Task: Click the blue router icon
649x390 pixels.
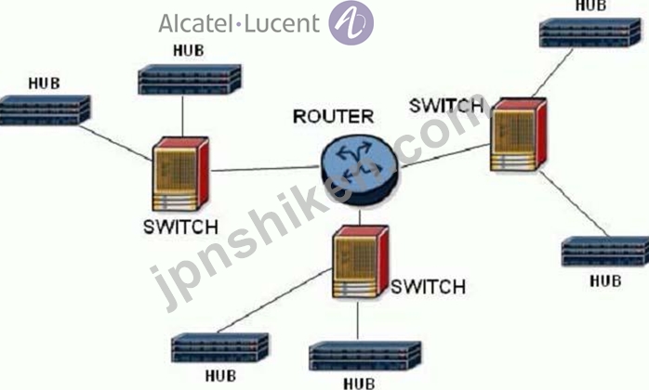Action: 359,170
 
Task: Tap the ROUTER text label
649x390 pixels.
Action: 333,117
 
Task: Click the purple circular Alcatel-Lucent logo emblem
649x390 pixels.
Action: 351,22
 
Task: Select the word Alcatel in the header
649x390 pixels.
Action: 196,23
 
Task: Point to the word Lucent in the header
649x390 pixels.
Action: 283,23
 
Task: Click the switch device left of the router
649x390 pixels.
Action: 180,174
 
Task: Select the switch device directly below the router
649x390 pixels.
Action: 361,262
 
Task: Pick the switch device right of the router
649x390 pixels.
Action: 518,135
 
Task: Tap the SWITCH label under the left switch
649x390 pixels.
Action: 180,227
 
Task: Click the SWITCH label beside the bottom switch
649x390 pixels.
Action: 429,287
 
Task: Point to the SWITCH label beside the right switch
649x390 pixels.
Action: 446,106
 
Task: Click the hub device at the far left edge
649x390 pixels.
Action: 45,110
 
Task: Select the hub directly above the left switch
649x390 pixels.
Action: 190,80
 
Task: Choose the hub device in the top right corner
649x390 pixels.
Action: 589,32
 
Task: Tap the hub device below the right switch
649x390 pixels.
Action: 605,252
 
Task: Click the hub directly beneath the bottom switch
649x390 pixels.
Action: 365,356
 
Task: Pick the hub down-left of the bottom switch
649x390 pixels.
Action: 219,348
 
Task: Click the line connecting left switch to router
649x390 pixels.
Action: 265,169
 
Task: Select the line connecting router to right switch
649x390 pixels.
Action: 444,156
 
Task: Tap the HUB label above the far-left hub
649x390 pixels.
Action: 44,84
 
